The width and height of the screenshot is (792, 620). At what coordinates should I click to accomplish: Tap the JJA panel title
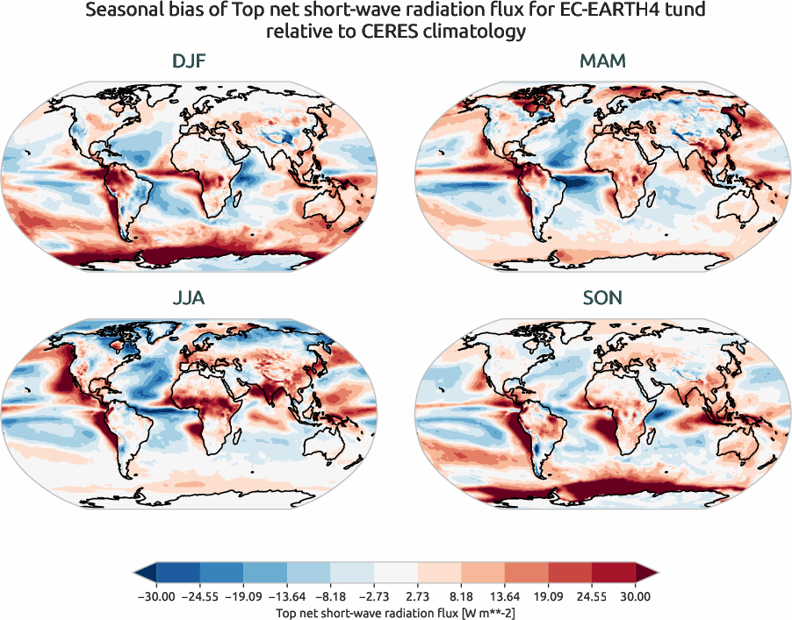[x=189, y=298]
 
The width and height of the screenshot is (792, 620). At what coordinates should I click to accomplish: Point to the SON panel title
[x=602, y=298]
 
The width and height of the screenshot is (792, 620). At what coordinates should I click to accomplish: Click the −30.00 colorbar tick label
[x=156, y=596]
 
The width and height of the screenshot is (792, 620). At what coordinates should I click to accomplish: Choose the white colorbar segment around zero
[x=395, y=574]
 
